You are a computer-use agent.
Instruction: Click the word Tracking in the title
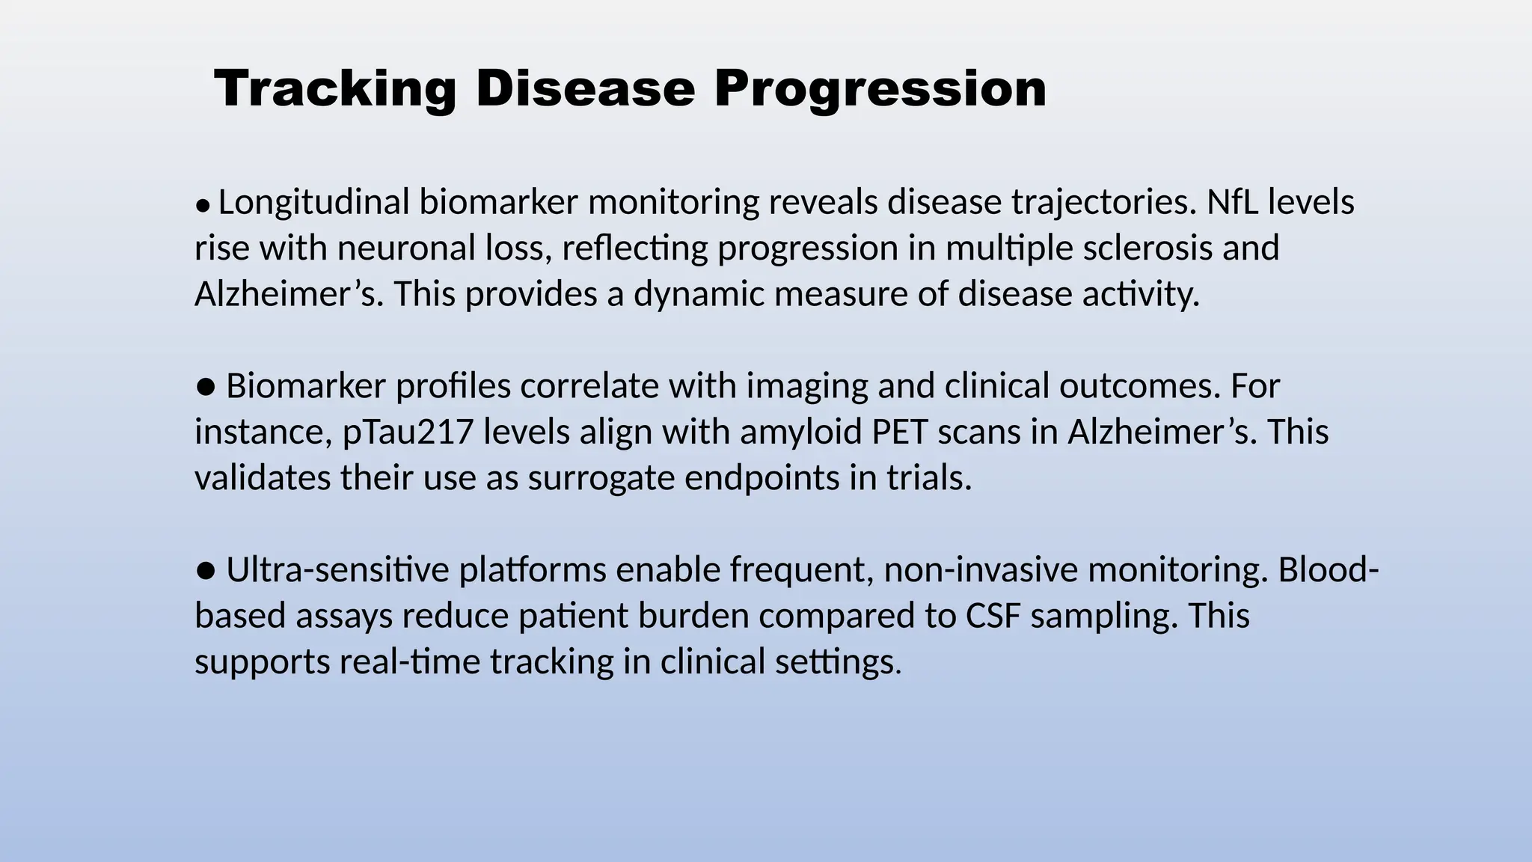334,89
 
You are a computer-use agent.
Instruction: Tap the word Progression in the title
880,89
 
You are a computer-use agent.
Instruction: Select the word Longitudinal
313,203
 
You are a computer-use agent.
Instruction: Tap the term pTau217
408,432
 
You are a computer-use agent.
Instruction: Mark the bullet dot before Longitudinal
202,205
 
